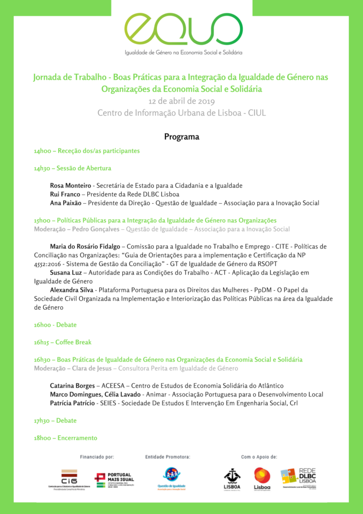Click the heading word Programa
click(181, 137)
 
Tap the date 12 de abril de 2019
click(181, 101)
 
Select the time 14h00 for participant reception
click(43, 151)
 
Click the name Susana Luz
click(67, 273)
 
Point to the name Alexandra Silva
click(72, 290)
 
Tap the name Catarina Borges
click(72, 385)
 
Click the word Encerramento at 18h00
click(77, 438)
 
